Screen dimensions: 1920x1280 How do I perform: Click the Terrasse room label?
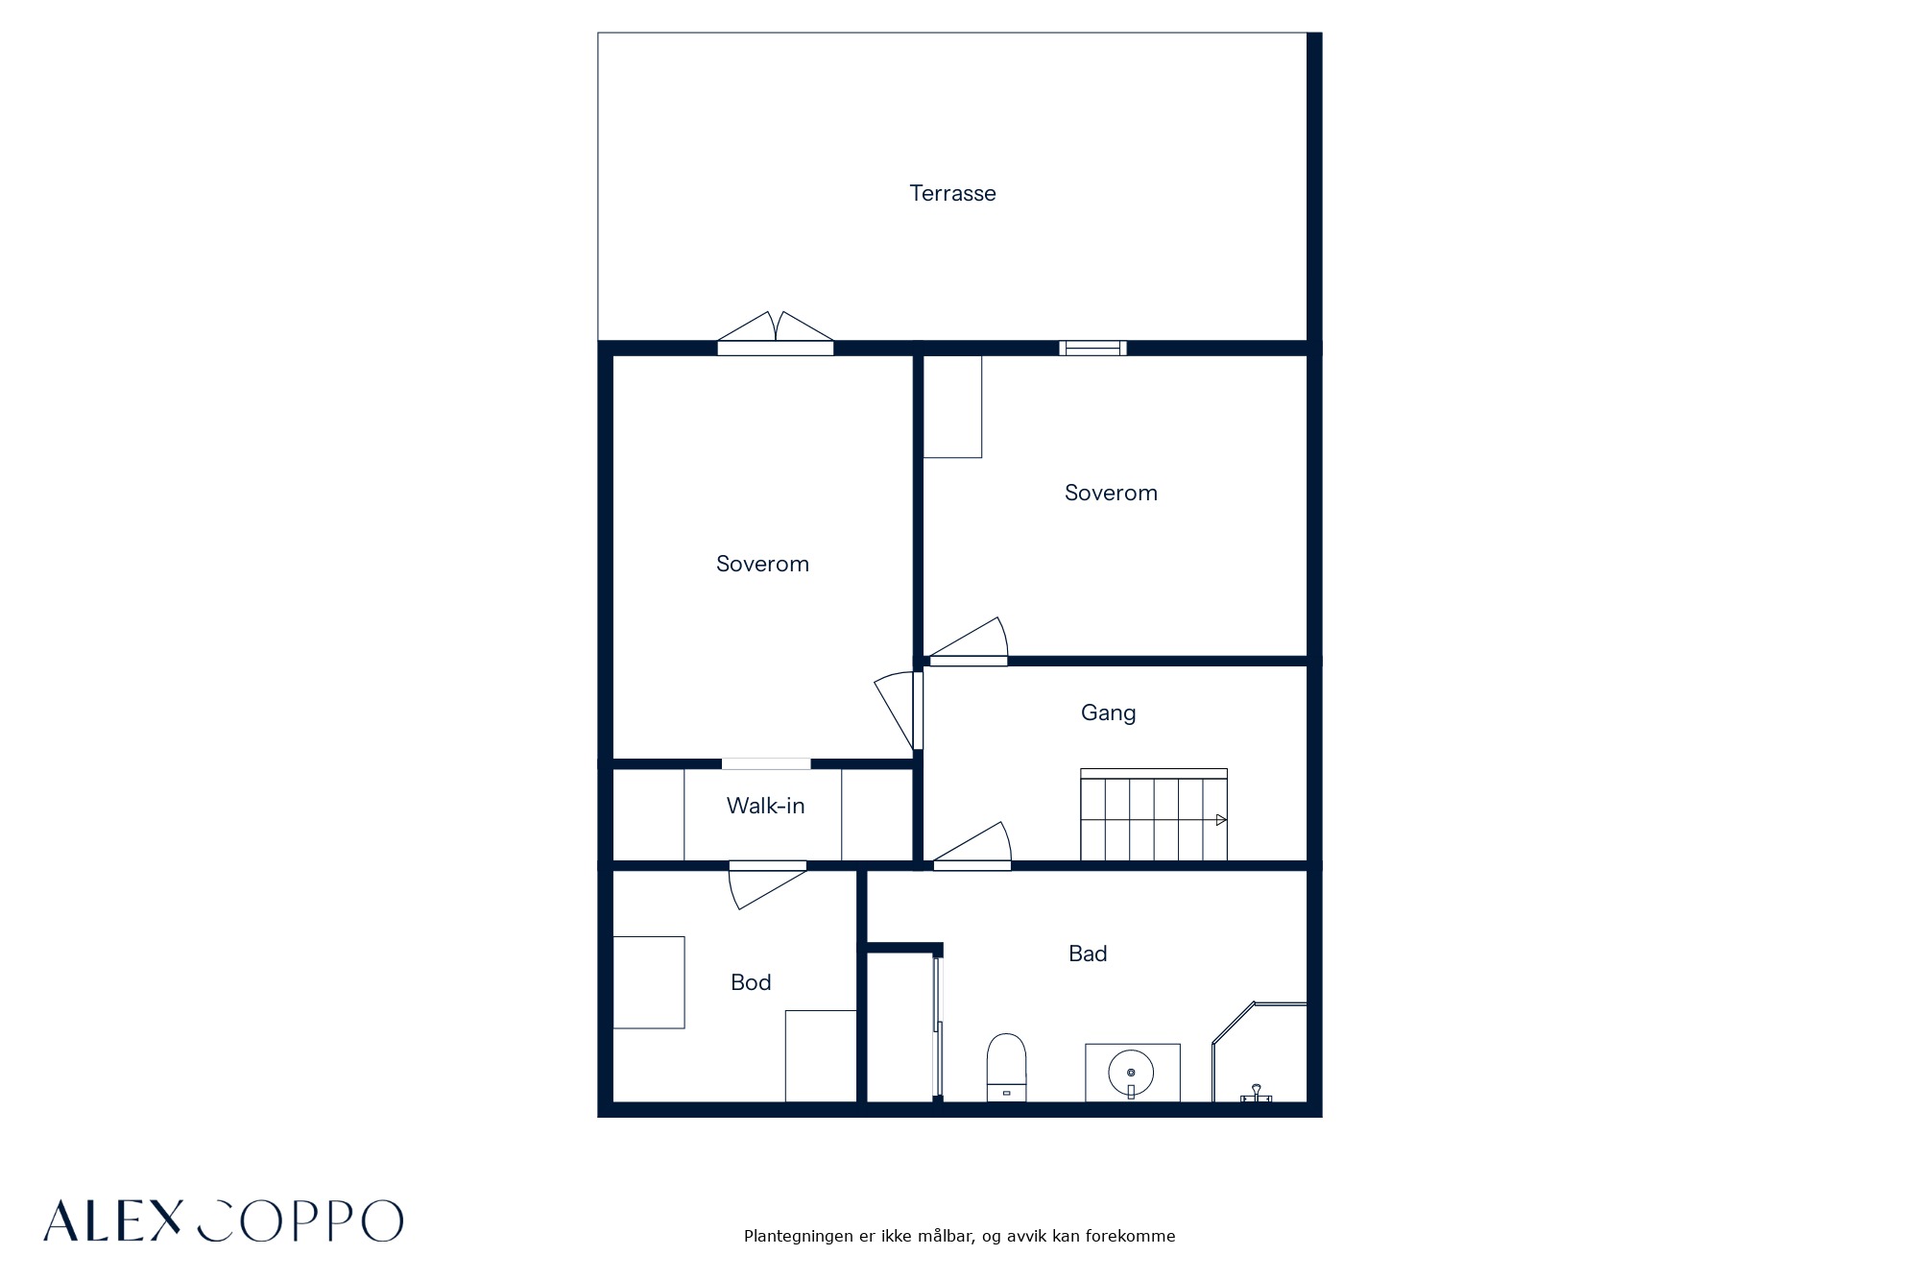(x=952, y=193)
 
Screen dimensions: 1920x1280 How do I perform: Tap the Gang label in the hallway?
(x=1108, y=713)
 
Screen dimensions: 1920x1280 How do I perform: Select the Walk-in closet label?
(x=765, y=806)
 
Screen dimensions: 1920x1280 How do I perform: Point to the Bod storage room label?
(x=751, y=982)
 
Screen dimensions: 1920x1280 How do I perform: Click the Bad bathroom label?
(x=1088, y=954)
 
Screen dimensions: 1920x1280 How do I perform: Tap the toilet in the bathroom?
(x=1006, y=1067)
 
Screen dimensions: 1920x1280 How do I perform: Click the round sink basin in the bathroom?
(x=1131, y=1072)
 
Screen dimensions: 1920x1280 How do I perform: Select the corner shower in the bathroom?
(x=1260, y=1052)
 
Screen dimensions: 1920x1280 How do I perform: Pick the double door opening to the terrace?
(x=776, y=333)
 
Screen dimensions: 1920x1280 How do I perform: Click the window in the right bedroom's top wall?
(x=1093, y=348)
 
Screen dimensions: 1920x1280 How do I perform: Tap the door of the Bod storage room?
(x=767, y=884)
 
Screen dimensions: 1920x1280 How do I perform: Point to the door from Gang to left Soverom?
(x=899, y=711)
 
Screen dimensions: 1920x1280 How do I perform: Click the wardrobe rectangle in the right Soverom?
(x=952, y=406)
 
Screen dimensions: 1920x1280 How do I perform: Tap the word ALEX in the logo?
(x=112, y=1220)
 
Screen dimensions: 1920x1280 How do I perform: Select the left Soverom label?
(x=762, y=564)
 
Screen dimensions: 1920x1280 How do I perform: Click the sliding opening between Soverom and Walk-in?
(x=766, y=764)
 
